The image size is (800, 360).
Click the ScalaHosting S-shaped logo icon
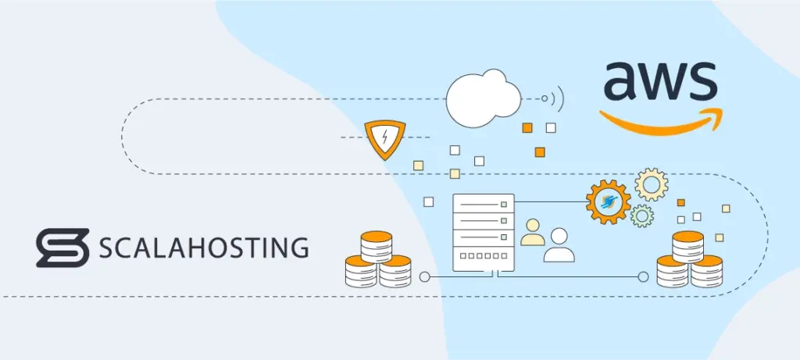click(60, 248)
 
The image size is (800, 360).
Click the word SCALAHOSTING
click(203, 248)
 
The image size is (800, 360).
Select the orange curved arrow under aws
click(660, 125)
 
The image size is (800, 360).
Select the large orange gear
click(608, 202)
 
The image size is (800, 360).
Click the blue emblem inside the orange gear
click(608, 202)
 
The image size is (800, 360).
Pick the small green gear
click(641, 216)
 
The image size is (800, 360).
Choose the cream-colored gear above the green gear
click(651, 184)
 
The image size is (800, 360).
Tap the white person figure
click(559, 245)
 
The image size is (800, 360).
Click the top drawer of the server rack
click(484, 204)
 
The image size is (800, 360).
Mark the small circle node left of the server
click(424, 276)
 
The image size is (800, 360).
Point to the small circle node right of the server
click(643, 276)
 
